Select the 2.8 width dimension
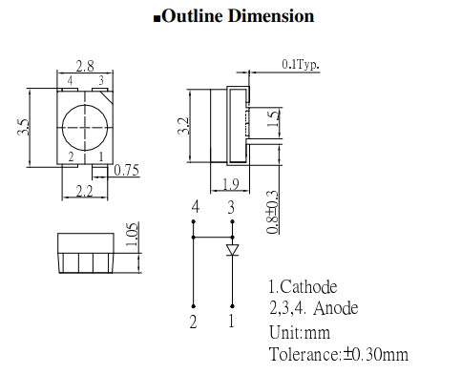click(85, 67)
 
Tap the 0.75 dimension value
click(126, 171)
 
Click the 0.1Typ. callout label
click(301, 65)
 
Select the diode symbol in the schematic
click(232, 250)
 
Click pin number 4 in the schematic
click(195, 207)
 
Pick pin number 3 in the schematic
click(230, 207)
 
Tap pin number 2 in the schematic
click(194, 322)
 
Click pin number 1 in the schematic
click(230, 322)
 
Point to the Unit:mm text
click(300, 332)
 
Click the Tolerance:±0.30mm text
click(339, 355)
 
